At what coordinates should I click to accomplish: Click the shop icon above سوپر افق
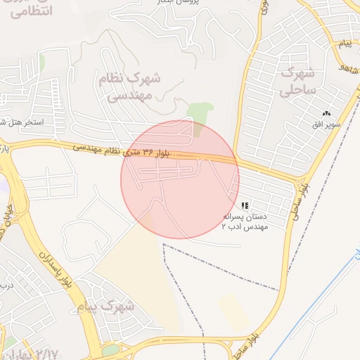click(326, 114)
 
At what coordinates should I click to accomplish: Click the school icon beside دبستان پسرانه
click(244, 205)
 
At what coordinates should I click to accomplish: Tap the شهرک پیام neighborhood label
click(107, 306)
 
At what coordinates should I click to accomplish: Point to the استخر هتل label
click(21, 122)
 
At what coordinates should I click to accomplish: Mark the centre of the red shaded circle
click(180, 179)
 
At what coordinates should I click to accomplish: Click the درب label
click(6, 284)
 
